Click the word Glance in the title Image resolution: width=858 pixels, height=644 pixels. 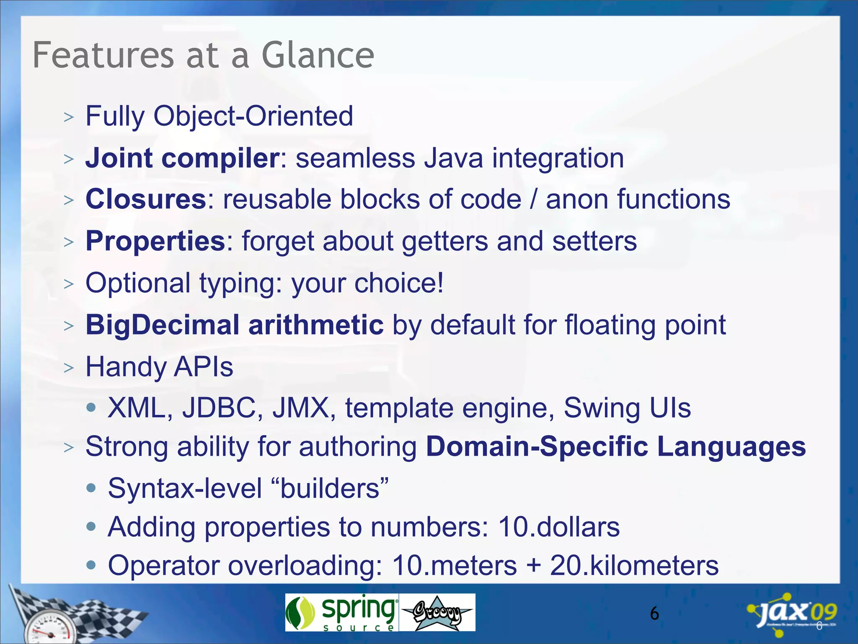click(317, 55)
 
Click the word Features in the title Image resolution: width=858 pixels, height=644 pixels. click(103, 55)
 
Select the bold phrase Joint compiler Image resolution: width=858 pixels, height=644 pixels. click(182, 158)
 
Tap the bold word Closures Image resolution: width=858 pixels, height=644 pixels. click(145, 199)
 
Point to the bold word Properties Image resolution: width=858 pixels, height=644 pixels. click(155, 241)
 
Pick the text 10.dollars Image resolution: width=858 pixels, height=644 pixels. click(558, 527)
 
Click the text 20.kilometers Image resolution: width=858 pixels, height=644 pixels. click(634, 566)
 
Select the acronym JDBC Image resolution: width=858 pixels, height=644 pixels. click(219, 408)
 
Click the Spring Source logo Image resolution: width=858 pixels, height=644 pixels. click(341, 612)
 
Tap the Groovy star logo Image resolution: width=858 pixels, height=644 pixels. click(437, 613)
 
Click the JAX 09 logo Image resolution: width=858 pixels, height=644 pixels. click(793, 613)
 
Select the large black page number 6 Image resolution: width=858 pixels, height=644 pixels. click(654, 614)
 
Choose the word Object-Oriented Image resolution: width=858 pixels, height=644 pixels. click(253, 116)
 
